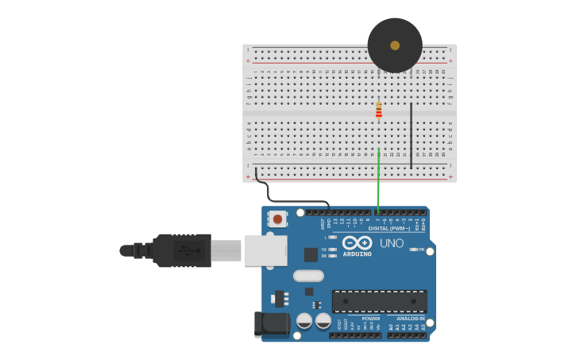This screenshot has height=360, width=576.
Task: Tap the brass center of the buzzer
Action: (395, 45)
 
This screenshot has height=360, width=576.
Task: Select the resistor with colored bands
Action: (379, 110)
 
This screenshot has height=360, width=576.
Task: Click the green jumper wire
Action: (379, 175)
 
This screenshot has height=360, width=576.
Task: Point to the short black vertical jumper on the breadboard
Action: (411, 135)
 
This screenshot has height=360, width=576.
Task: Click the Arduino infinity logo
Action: (357, 242)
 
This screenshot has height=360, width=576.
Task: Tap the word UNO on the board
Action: (392, 243)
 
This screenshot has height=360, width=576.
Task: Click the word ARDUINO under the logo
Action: (357, 254)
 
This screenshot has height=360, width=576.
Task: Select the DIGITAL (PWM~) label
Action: (389, 228)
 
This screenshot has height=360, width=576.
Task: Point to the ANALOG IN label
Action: (411, 319)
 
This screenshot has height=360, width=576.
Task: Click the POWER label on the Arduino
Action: (370, 319)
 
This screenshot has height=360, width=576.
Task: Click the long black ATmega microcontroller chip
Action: (379, 301)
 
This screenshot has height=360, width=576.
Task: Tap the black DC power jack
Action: (270, 323)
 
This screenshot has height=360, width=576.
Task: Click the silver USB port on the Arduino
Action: (265, 250)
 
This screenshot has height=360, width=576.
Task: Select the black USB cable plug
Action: (183, 250)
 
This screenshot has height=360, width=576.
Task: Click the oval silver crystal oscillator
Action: (308, 276)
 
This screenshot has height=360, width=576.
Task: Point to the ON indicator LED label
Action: (421, 249)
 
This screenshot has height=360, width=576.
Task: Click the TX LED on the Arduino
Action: (332, 249)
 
